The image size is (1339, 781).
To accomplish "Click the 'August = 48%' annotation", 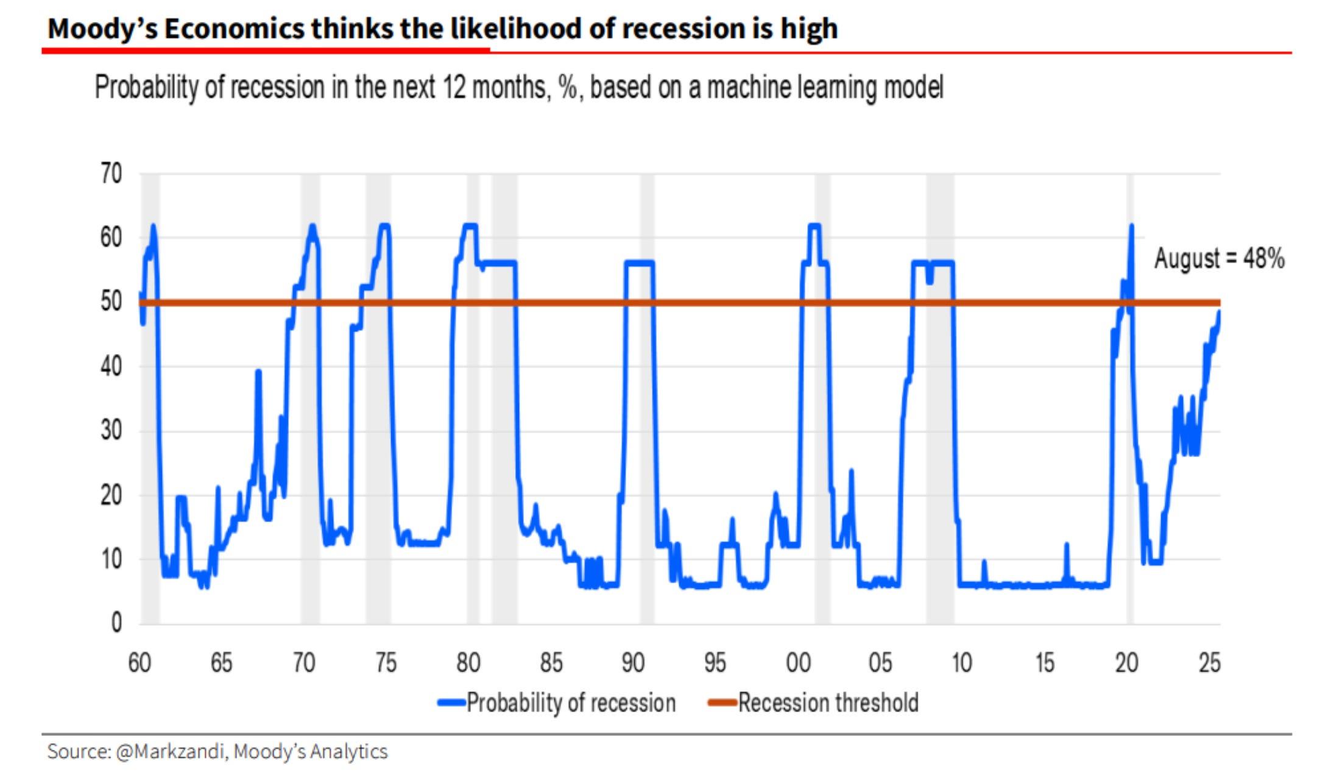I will [x=1219, y=258].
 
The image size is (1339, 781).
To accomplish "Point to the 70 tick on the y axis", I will [x=111, y=175].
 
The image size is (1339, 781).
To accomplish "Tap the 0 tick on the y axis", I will [x=116, y=623].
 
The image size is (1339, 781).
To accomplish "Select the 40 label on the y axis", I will [x=111, y=367].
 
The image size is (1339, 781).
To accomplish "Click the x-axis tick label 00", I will [x=798, y=663].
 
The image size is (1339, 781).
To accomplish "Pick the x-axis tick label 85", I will [x=551, y=663].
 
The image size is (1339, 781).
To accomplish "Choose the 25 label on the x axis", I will [x=1209, y=663].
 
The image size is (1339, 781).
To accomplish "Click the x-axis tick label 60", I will [x=140, y=663].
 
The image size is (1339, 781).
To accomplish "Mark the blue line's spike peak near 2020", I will [x=1131, y=227].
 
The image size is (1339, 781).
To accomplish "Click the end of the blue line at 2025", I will [x=1219, y=312].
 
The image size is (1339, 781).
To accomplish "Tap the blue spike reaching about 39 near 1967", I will [x=258, y=371].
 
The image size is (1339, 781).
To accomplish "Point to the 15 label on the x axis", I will [x=1045, y=663].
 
